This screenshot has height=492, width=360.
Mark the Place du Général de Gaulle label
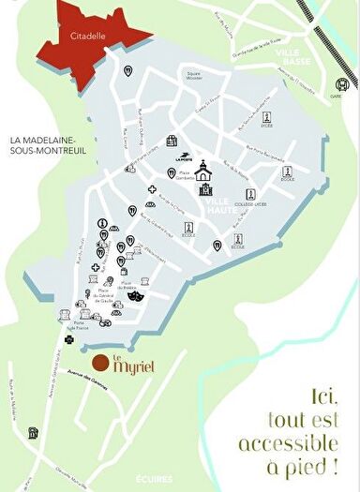point(107,299)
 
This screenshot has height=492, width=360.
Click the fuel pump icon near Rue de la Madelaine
point(33,434)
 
